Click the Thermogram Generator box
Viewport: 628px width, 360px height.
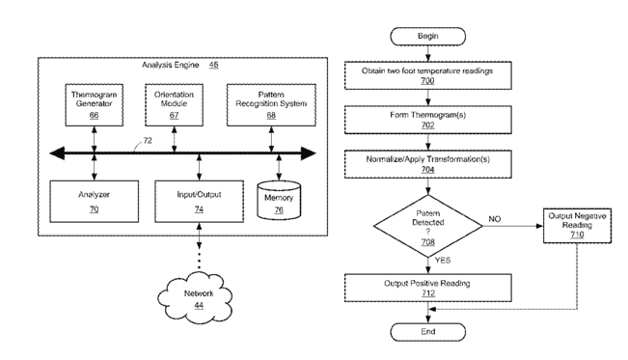95,105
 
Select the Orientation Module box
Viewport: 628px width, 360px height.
174,105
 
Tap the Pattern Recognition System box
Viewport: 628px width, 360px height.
271,105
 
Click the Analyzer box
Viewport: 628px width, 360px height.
95,202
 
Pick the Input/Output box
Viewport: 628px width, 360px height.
199,202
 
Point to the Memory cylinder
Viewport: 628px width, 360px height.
279,201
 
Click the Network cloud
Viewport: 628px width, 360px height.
196,298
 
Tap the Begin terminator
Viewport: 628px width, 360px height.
427,37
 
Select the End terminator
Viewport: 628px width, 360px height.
427,332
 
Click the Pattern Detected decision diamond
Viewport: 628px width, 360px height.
427,226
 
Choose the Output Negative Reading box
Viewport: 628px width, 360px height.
577,226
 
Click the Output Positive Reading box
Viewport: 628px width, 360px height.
427,288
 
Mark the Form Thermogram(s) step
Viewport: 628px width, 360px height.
427,120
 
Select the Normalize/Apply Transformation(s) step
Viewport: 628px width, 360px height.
427,164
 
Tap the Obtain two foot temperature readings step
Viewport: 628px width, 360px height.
427,75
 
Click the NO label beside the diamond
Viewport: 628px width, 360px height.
495,219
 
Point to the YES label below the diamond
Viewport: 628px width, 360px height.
443,261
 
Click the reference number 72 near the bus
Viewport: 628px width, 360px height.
148,141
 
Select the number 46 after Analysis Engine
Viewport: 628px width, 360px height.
214,65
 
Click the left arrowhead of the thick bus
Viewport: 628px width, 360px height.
57,153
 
